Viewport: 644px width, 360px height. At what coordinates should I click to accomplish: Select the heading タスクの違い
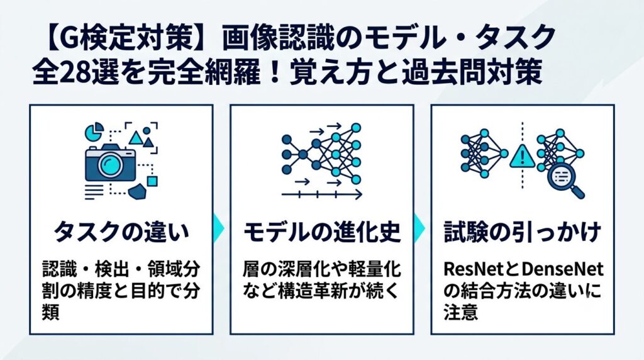(121, 232)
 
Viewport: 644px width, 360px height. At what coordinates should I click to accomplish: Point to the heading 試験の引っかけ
(523, 232)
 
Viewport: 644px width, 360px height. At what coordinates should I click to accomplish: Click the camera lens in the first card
(110, 164)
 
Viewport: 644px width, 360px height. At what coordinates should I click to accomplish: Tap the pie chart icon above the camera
(94, 131)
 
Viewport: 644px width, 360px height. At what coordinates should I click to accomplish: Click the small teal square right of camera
(152, 181)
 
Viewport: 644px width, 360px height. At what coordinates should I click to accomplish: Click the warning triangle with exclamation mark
(522, 157)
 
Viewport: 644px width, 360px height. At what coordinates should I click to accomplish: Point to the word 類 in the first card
(51, 312)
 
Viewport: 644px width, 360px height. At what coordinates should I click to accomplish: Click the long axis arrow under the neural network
(321, 194)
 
